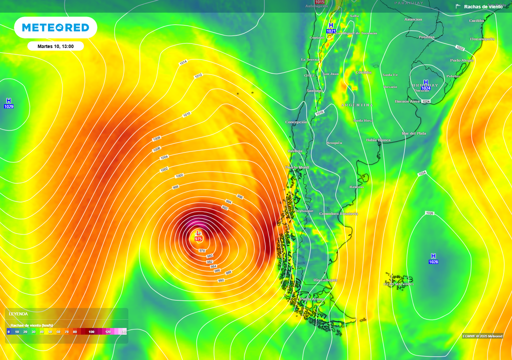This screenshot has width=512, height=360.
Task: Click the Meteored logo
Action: click(x=55, y=27)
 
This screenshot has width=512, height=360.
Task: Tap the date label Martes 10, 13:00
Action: click(x=55, y=46)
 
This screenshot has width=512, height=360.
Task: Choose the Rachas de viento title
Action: click(x=483, y=6)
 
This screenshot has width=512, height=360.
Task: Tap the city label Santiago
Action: click(x=314, y=90)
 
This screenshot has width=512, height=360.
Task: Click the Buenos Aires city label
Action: click(x=407, y=101)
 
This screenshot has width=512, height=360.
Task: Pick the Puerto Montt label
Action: click(x=297, y=167)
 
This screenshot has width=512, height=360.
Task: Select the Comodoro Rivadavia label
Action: click(x=339, y=213)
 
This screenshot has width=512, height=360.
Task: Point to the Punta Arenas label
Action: click(x=312, y=299)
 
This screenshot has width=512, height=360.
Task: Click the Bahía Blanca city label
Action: click(x=378, y=140)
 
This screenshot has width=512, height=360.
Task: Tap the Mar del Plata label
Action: click(x=414, y=133)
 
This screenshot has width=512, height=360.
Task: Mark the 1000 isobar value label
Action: click(x=179, y=175)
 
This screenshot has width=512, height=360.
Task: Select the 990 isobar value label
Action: click(x=221, y=280)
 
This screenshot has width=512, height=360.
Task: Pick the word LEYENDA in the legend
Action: click(x=18, y=314)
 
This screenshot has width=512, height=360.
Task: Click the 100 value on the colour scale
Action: click(x=91, y=332)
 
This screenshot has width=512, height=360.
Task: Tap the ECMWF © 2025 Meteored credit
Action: click(x=482, y=336)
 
